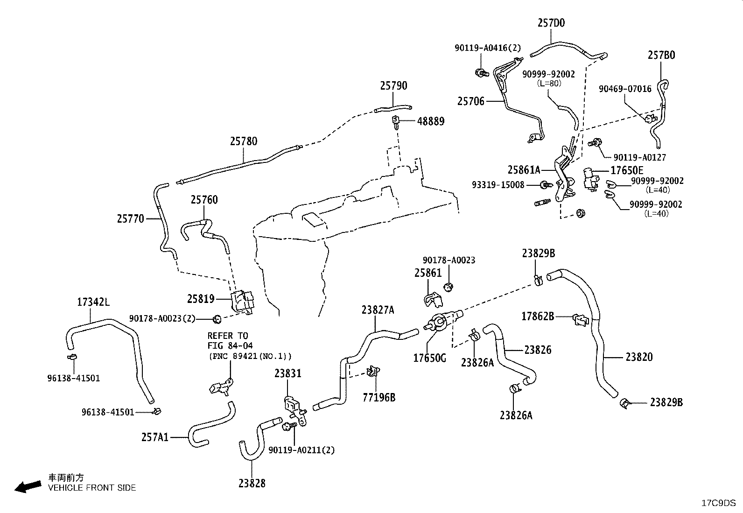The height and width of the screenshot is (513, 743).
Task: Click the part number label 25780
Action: pyautogui.click(x=244, y=141)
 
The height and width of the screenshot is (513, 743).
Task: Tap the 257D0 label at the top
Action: pyautogui.click(x=551, y=23)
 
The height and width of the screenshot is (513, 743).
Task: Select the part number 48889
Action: pyautogui.click(x=431, y=121)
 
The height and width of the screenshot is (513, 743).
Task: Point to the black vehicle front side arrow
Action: pyautogui.click(x=28, y=487)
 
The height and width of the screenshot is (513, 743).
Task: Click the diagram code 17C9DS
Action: pyautogui.click(x=718, y=503)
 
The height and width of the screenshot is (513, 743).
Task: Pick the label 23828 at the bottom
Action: pyautogui.click(x=252, y=483)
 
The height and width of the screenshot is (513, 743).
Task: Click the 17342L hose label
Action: pyautogui.click(x=93, y=302)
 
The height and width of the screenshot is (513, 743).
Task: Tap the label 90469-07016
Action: pyautogui.click(x=625, y=89)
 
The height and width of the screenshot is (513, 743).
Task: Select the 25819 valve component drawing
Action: pyautogui.click(x=243, y=301)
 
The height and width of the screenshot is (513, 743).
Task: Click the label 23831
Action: pyautogui.click(x=288, y=373)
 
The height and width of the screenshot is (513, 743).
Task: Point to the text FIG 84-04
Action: pyautogui.click(x=230, y=346)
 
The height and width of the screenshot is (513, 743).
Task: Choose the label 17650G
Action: pyautogui.click(x=429, y=358)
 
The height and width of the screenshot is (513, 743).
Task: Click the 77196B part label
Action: pyautogui.click(x=379, y=397)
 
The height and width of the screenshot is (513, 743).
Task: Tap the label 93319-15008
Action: pyautogui.click(x=498, y=185)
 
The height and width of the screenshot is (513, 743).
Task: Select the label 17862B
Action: pyautogui.click(x=538, y=316)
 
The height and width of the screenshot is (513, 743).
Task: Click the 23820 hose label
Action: pyautogui.click(x=639, y=357)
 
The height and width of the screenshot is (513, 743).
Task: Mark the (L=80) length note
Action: pyautogui.click(x=549, y=83)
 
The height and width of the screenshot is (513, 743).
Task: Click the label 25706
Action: pyautogui.click(x=471, y=101)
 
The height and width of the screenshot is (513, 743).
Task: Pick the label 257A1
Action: pyautogui.click(x=155, y=437)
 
